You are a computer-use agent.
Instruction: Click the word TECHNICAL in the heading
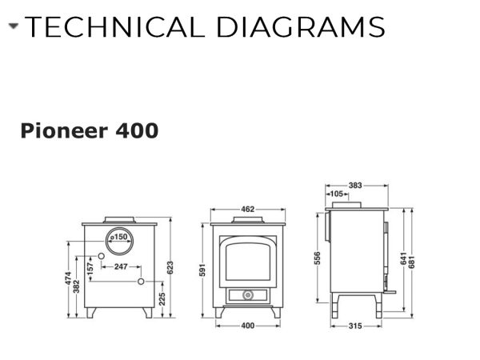(114, 27)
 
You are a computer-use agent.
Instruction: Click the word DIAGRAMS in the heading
(300, 27)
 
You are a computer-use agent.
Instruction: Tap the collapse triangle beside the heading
(14, 26)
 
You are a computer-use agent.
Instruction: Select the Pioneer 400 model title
(90, 130)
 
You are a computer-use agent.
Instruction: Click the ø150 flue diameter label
(118, 238)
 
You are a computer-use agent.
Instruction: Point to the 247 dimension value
(121, 266)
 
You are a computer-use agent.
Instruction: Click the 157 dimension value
(90, 269)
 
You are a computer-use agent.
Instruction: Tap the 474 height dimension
(68, 278)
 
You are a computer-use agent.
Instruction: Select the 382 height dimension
(77, 286)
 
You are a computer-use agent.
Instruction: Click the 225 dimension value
(162, 299)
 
